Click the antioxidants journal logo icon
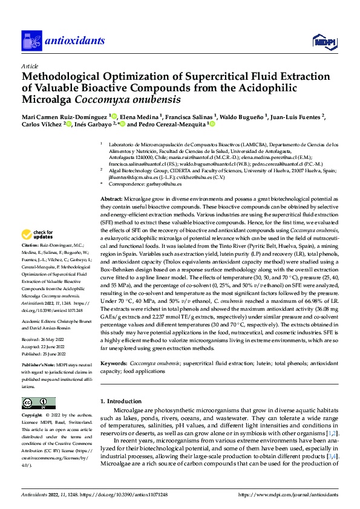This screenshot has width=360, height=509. pyautogui.click(x=30, y=41)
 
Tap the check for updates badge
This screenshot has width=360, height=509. pyautogui.click(x=38, y=235)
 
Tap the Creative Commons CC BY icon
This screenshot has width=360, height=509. pyautogui.click(x=38, y=403)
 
